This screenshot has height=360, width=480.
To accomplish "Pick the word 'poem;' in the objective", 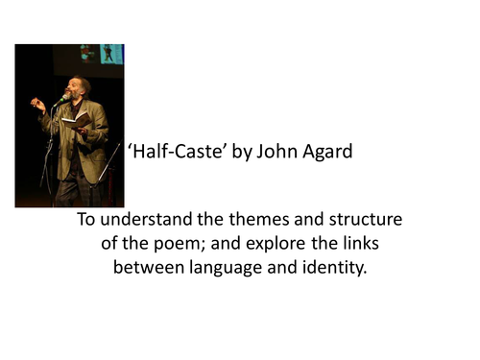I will tap(183, 243).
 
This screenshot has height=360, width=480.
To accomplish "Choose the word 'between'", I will tap(145, 266).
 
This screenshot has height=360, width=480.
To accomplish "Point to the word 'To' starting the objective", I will tap(87, 220).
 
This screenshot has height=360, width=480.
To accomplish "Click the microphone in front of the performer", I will tap(63, 99).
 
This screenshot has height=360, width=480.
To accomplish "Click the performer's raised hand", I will tap(38, 103).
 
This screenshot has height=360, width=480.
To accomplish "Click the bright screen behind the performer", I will tap(111, 54).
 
